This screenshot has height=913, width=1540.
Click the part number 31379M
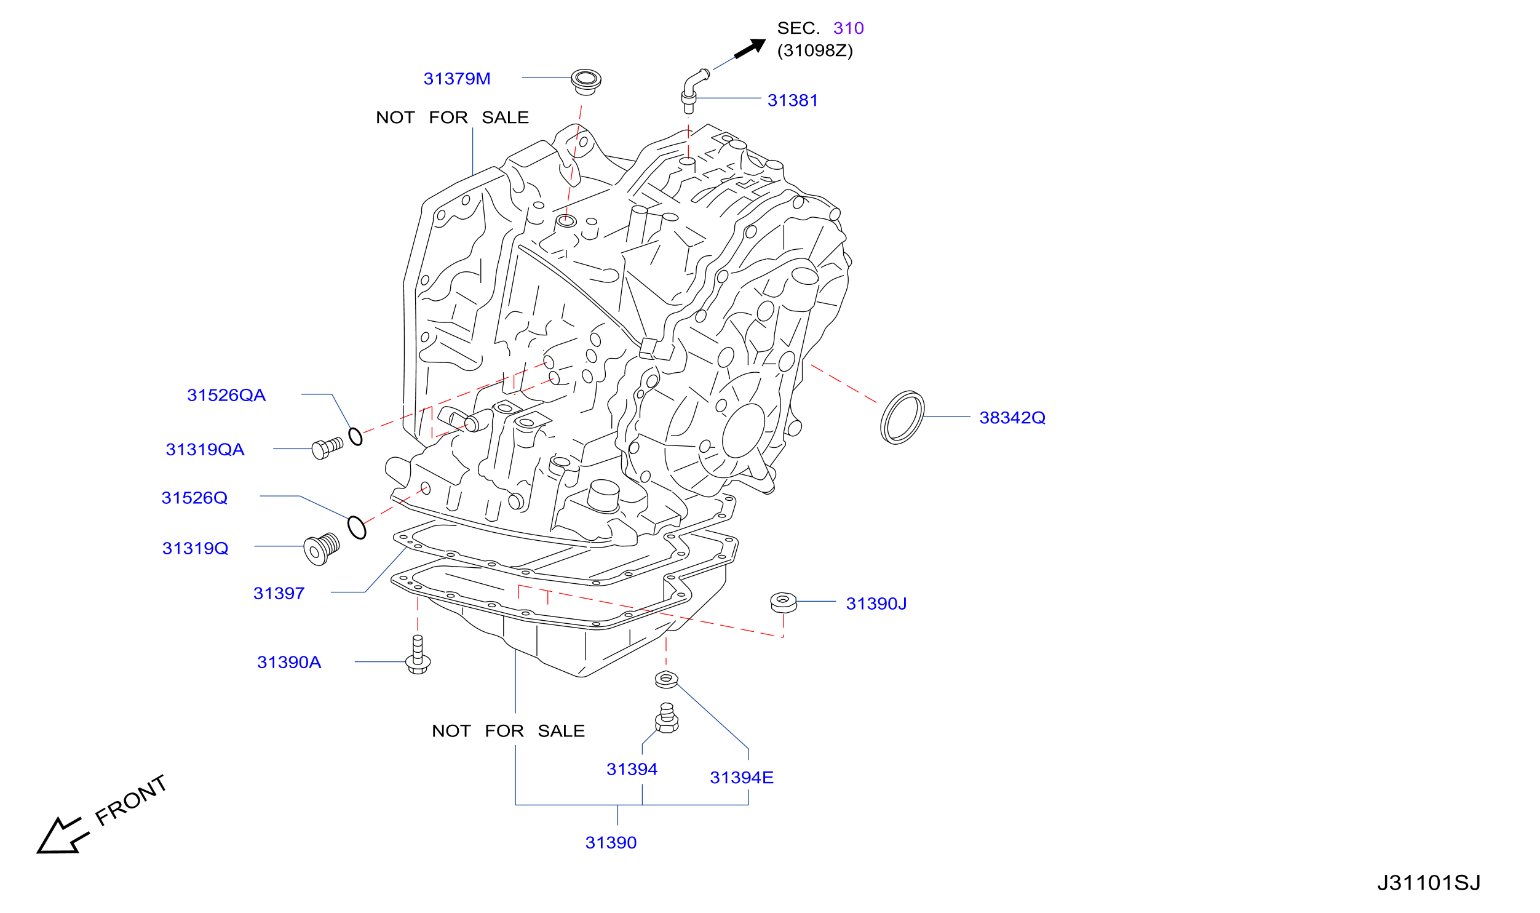[457, 79]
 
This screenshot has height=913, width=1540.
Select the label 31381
[793, 100]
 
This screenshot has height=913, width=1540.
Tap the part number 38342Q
[1012, 418]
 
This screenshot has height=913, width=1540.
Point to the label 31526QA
[226, 395]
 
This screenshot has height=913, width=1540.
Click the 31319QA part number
[205, 449]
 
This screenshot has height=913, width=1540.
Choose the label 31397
[279, 593]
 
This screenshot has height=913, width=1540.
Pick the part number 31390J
[876, 604]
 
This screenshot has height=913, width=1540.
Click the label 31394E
[742, 778]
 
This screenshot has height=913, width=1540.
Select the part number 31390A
[289, 662]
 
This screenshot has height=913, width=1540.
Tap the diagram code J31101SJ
[1428, 883]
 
